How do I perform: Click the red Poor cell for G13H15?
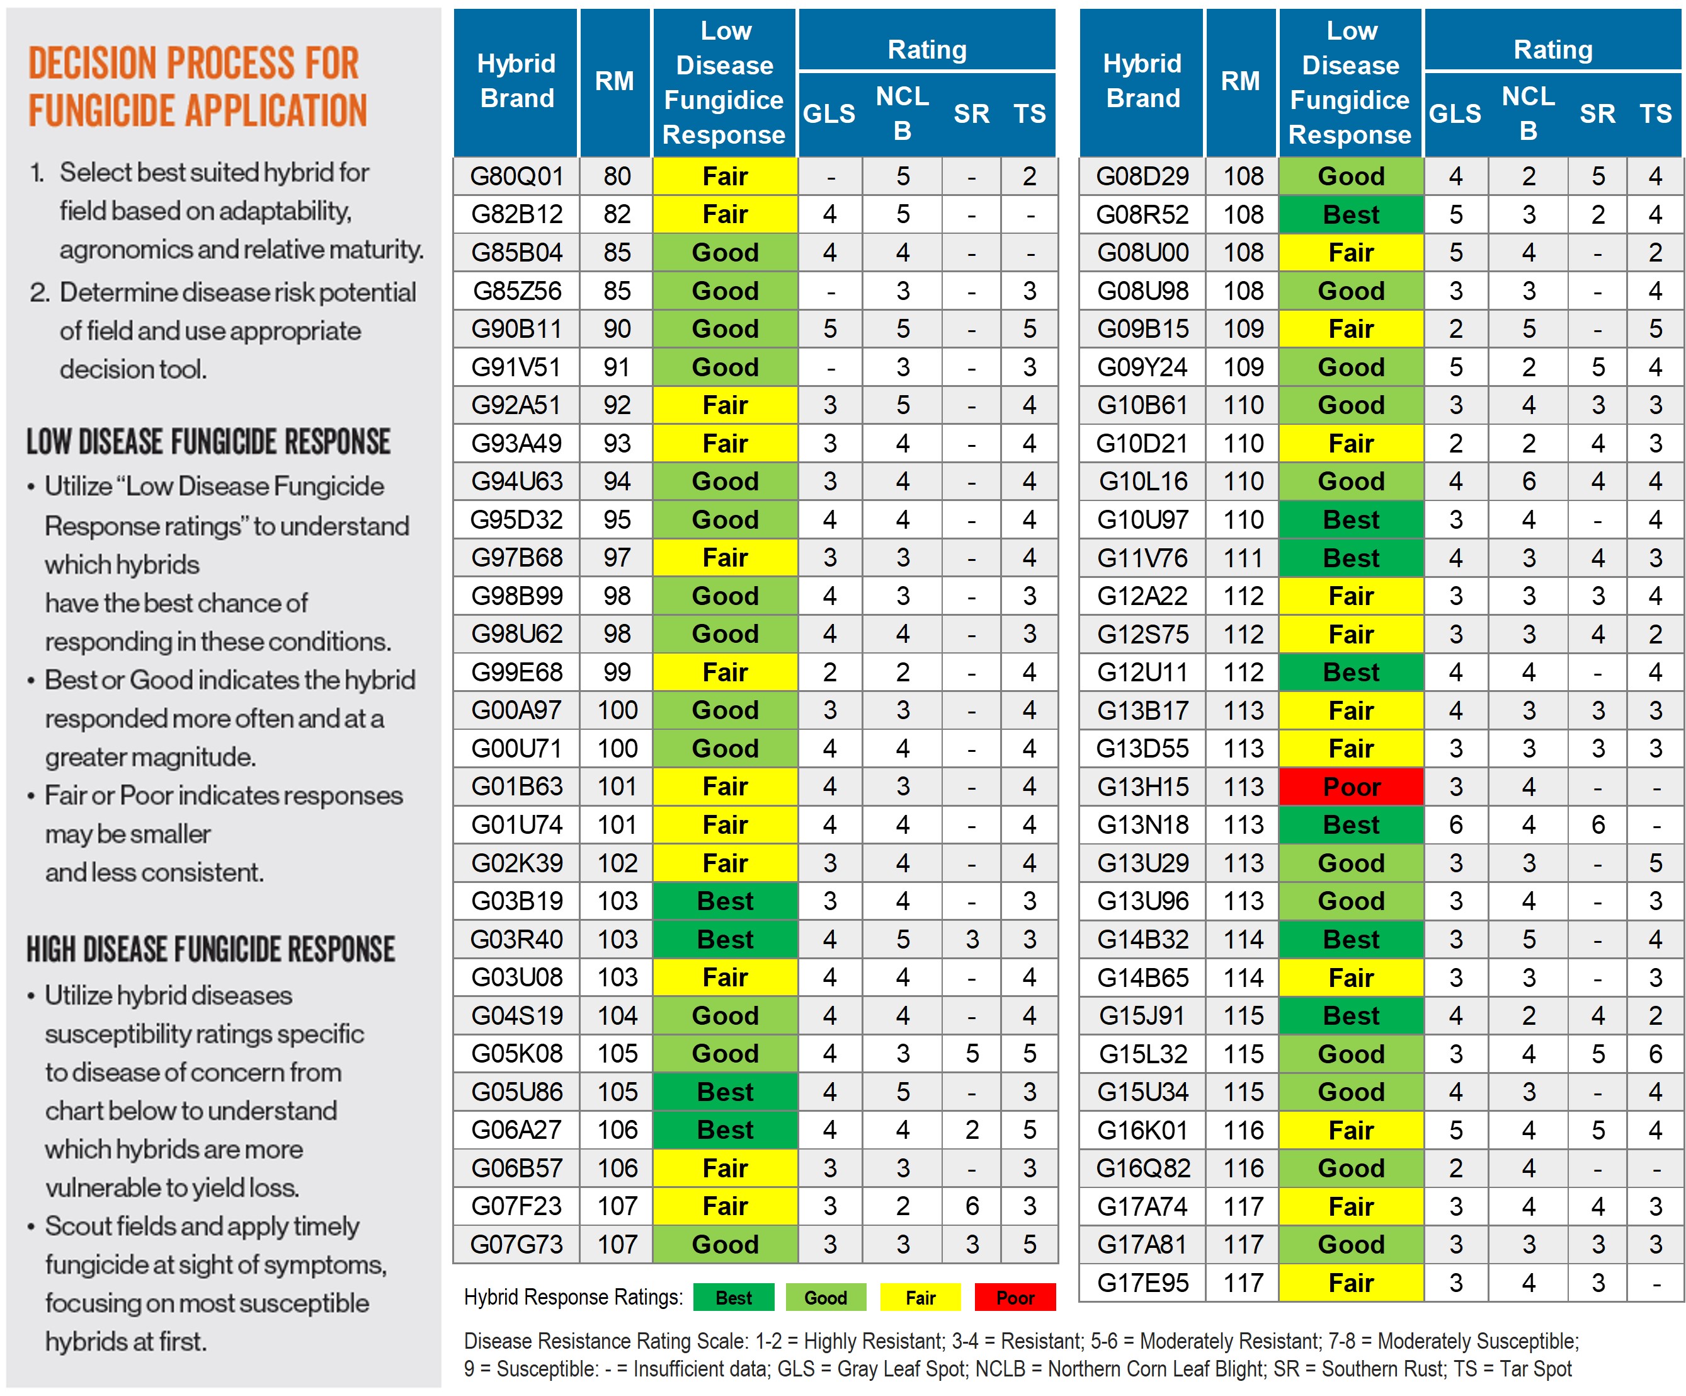tap(1350, 787)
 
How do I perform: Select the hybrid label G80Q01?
tap(516, 176)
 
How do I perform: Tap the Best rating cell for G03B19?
tap(725, 901)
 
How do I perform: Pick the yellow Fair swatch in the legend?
tap(920, 1297)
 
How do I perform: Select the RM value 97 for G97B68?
tap(617, 557)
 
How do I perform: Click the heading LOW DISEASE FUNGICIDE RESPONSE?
tap(208, 442)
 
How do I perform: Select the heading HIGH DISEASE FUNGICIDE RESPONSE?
tap(210, 949)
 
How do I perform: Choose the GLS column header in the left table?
tap(829, 114)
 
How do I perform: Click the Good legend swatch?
tap(825, 1297)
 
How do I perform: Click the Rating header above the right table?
tap(1552, 50)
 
